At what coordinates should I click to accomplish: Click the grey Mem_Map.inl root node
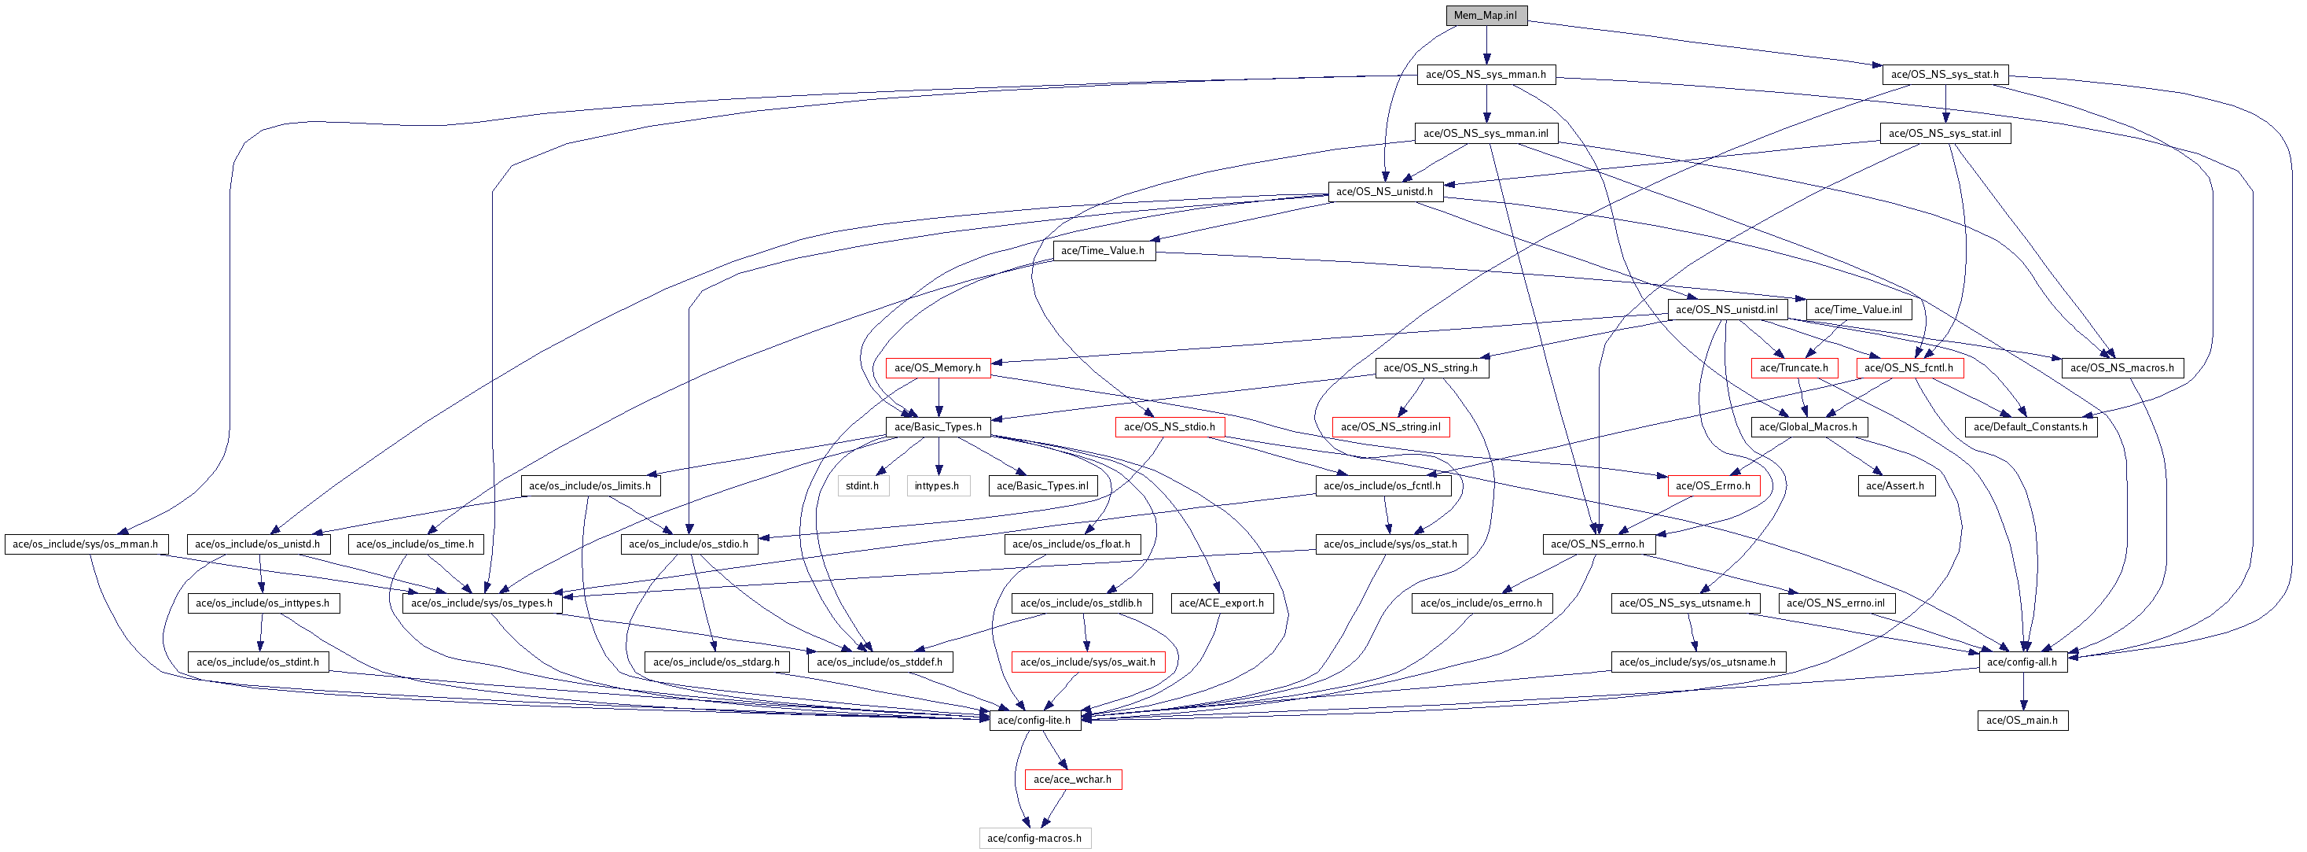point(1486,15)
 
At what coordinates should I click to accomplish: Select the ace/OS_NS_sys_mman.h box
point(1486,75)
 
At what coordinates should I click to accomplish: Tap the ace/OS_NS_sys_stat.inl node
point(1945,134)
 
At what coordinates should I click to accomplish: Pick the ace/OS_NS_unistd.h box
point(1383,192)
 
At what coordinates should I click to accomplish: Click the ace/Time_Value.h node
point(1103,251)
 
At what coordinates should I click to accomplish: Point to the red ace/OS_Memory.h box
point(937,368)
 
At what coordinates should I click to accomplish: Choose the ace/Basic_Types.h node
point(938,427)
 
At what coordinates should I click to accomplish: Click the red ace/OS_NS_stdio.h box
point(1169,427)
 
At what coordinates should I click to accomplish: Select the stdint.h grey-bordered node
point(861,486)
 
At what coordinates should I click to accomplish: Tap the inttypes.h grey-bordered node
point(937,486)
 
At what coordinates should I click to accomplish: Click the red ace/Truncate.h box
point(1793,368)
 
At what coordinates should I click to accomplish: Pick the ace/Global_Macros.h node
point(1808,427)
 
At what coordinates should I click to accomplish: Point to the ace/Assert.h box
point(1895,486)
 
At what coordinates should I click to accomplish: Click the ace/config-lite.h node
point(1034,721)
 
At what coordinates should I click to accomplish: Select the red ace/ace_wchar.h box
point(1072,780)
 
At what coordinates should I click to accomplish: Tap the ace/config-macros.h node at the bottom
point(1034,839)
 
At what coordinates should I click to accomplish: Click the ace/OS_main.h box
point(2022,721)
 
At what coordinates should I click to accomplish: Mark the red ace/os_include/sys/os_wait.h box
point(1087,662)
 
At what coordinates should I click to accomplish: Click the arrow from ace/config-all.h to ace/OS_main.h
point(2022,692)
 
